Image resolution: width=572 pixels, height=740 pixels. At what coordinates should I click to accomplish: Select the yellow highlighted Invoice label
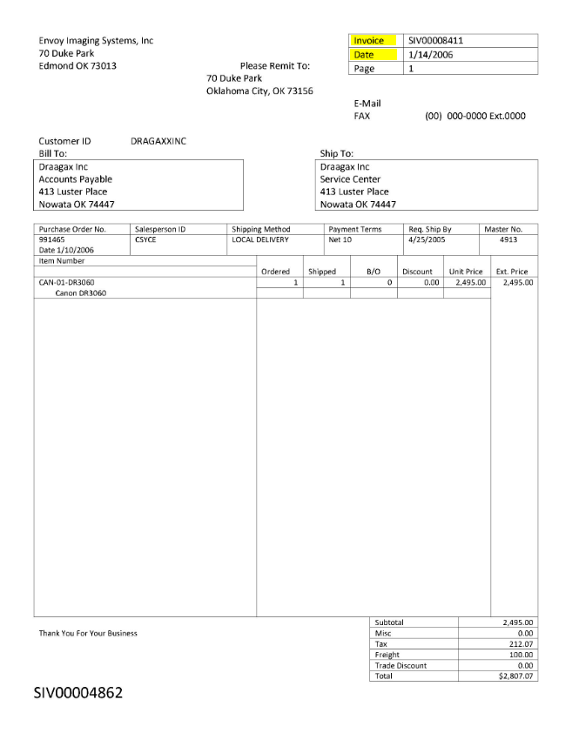point(369,41)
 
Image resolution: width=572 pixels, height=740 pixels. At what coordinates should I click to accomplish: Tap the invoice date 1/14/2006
point(430,55)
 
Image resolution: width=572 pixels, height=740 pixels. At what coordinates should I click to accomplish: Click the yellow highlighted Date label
point(364,55)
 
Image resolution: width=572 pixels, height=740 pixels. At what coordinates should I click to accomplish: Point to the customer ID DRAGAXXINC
point(158,141)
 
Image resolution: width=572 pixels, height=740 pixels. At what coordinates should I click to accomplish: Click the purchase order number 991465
point(52,239)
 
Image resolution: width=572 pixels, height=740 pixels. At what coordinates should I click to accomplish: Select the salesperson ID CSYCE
point(145,239)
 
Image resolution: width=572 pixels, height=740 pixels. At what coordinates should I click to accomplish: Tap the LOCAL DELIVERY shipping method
point(260,239)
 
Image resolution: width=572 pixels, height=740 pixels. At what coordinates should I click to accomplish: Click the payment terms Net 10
point(340,239)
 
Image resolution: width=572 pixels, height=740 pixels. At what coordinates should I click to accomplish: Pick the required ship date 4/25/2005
point(426,239)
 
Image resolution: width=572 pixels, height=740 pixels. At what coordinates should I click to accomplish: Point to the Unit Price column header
point(466,272)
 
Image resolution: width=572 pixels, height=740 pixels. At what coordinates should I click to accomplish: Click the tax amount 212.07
point(520,644)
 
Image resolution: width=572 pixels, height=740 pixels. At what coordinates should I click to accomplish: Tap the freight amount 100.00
point(520,655)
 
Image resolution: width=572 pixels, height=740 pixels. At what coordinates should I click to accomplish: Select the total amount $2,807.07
point(516,676)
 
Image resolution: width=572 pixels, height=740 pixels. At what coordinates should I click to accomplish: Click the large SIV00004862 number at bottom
point(78,694)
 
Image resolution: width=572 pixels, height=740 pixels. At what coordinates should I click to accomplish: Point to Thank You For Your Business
point(88,633)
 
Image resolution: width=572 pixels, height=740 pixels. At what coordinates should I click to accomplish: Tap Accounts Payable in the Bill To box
point(76,179)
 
